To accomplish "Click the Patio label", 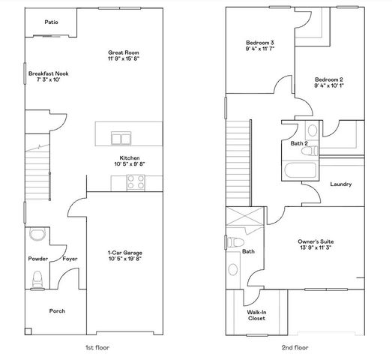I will coord(51,22).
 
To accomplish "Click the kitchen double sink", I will coord(121,138).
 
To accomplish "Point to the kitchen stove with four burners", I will coord(136,181).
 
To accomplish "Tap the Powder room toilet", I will coord(37,278).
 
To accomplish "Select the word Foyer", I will coord(70,259).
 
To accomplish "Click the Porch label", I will coord(57,310).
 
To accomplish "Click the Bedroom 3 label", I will coord(261,43).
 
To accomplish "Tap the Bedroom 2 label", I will coord(328,79).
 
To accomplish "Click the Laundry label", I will coord(340,184).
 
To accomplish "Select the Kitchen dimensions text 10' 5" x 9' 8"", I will coord(129,164).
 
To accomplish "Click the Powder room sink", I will coord(37,235).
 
